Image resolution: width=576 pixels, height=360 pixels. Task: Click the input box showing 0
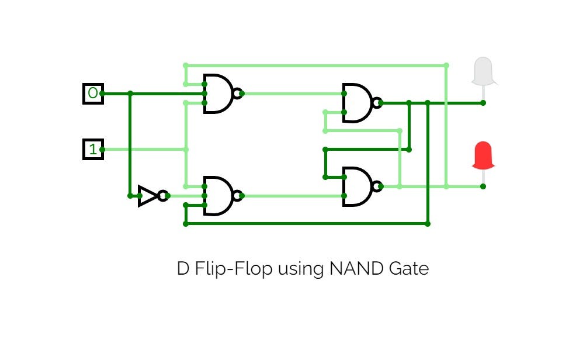point(93,94)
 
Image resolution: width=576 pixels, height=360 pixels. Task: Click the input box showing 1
point(93,150)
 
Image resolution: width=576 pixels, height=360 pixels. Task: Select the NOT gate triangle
point(147,196)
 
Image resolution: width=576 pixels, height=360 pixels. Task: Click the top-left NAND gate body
point(216,94)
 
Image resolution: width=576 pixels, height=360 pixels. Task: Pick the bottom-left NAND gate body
point(216,196)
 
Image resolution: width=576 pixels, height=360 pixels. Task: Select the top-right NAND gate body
point(356,103)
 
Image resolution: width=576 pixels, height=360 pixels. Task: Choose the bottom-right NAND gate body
point(356,187)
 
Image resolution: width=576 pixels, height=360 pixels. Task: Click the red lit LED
point(483,155)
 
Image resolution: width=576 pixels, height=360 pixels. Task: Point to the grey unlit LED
point(483,71)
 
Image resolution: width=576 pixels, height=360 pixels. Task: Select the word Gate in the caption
point(408,269)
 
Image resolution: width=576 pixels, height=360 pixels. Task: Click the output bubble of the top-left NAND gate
point(237,94)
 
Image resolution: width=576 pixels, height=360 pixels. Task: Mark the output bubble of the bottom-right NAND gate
point(377,187)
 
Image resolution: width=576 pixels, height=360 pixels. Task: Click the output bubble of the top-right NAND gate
point(377,103)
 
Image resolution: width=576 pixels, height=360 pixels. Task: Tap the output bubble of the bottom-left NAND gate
point(237,196)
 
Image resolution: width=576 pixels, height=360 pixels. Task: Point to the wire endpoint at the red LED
point(483,186)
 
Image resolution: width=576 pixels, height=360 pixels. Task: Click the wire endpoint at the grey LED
point(483,103)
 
